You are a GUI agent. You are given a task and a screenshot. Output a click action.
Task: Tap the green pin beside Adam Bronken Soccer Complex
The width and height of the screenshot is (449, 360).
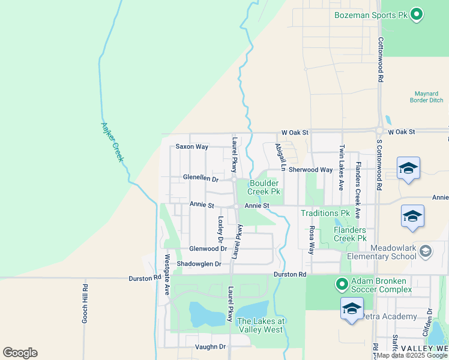tap(342, 284)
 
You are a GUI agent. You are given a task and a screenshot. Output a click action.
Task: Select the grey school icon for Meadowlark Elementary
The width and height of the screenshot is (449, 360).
tap(426, 251)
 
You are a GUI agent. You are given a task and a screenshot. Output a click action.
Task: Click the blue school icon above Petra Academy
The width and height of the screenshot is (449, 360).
tap(352, 308)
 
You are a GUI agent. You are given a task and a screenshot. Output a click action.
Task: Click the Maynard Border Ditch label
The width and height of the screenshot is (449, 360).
tap(428, 97)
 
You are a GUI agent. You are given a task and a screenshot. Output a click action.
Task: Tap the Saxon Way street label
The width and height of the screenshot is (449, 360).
tap(191, 146)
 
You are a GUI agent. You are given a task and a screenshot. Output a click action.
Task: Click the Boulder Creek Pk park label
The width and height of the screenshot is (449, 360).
tap(265, 187)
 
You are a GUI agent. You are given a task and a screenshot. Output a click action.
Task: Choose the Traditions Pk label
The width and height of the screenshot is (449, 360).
tap(325, 213)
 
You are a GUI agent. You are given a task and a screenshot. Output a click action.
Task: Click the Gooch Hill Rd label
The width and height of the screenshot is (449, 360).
tap(85, 304)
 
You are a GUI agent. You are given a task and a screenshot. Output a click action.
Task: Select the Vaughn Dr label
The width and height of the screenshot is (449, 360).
tap(210, 347)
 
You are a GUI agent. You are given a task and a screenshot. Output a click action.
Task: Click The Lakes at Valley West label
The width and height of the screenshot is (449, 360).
tap(261, 325)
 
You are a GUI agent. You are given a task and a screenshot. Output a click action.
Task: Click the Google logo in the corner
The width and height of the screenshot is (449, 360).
tap(20, 353)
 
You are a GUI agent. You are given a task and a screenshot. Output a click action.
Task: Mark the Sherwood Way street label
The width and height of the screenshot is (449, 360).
tap(310, 170)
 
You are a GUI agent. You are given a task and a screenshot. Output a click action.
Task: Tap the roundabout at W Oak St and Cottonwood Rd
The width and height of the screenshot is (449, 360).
tap(379, 131)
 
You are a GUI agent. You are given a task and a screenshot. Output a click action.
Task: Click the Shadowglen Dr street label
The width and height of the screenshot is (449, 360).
tap(199, 264)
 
